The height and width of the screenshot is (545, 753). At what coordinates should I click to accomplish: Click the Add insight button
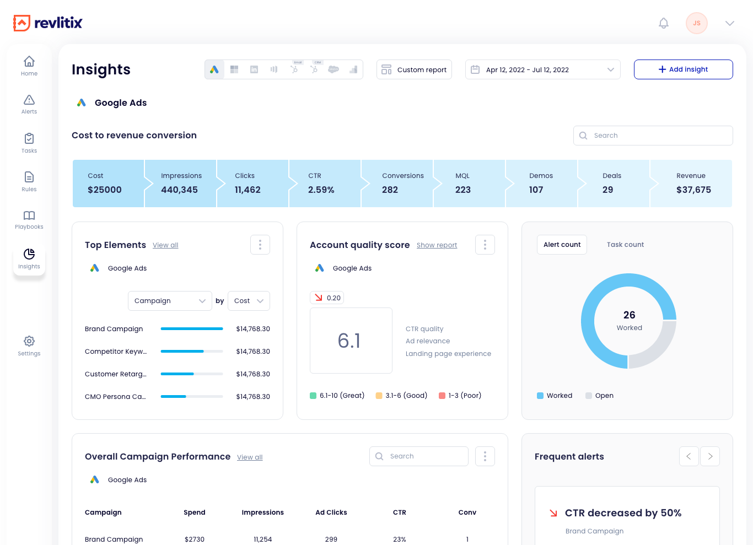(x=683, y=69)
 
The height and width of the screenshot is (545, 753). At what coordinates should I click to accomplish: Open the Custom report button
(x=414, y=69)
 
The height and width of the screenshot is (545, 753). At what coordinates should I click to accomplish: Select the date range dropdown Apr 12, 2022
(x=542, y=69)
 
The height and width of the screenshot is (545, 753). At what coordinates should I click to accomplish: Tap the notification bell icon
(x=664, y=23)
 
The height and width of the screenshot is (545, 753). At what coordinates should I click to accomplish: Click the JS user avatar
(x=696, y=23)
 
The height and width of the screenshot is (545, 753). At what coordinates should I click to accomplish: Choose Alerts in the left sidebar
(x=29, y=104)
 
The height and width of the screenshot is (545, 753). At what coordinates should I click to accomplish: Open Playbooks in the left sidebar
(x=29, y=219)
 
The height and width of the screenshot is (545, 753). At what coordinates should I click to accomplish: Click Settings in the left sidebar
(x=29, y=346)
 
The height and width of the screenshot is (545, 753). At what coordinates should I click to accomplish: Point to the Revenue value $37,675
(x=693, y=190)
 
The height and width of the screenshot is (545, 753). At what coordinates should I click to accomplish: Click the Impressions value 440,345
(x=179, y=190)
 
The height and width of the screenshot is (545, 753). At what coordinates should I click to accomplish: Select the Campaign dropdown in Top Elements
(x=170, y=301)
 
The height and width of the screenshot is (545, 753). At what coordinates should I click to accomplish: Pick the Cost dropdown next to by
(x=249, y=301)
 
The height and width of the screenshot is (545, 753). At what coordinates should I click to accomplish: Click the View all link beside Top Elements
(x=165, y=245)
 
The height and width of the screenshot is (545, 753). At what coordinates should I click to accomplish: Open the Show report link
(x=437, y=245)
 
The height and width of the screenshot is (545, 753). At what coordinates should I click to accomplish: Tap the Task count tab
(x=625, y=245)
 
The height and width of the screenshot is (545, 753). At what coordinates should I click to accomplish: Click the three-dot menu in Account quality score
(x=485, y=245)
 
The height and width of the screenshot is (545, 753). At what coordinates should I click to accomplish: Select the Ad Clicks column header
(x=331, y=512)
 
